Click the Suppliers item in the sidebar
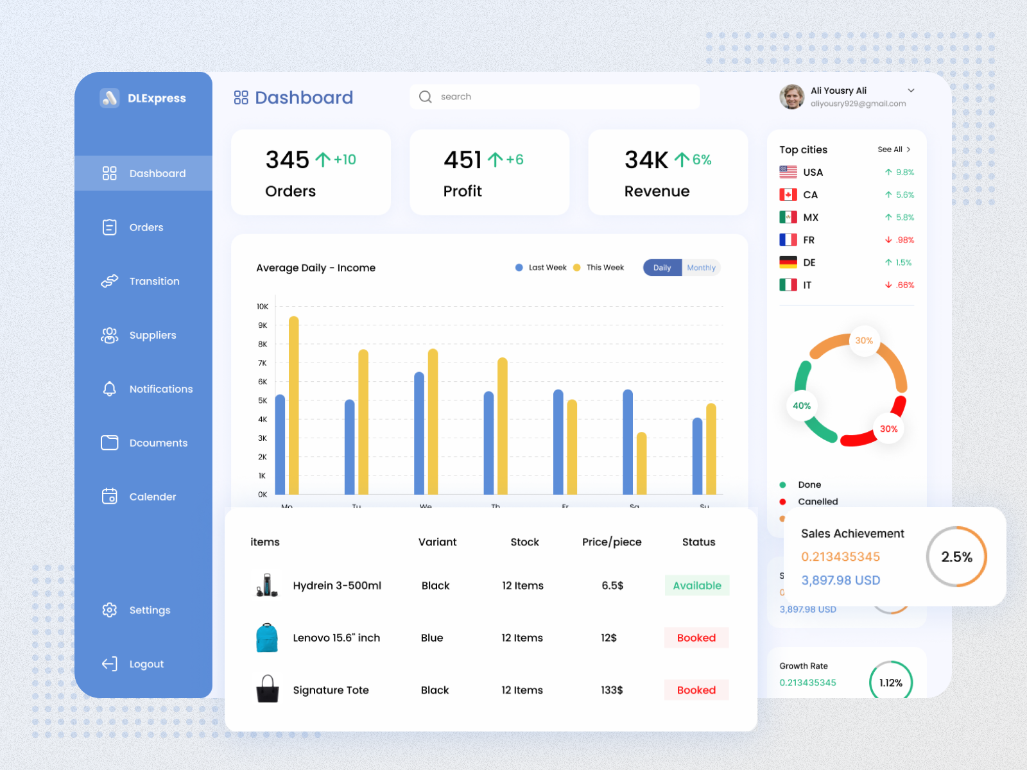pos(152,335)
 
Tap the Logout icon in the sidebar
pos(110,663)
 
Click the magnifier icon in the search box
pos(426,97)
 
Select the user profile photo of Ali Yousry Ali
pos(791,97)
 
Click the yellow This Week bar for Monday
pos(294,404)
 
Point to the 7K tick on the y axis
pos(263,363)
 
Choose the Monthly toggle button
pos(701,268)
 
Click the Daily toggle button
pos(662,268)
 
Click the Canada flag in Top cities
pos(788,194)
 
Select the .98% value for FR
pos(905,240)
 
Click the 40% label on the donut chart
pos(802,406)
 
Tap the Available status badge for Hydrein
pos(696,585)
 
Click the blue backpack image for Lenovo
pos(267,638)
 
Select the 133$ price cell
pos(612,690)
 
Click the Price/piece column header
pos(612,542)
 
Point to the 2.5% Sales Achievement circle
pos(956,557)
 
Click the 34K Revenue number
pos(646,160)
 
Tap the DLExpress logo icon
pos(110,98)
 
